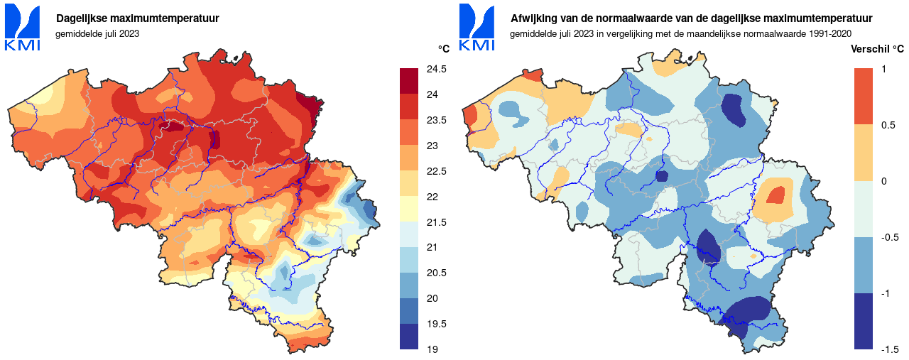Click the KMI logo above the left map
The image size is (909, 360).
coord(23,28)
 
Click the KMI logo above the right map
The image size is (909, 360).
coord(477,28)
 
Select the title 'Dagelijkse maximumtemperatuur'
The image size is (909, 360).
coord(137,18)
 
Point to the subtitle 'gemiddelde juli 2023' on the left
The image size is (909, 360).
coord(97,33)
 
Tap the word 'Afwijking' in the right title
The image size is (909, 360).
coord(533,18)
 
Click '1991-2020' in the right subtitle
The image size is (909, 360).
coord(827,33)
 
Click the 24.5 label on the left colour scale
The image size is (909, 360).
coord(435,69)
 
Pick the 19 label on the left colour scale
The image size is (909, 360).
coord(431,349)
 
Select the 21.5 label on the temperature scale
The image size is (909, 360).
coord(435,222)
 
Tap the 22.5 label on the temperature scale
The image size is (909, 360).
coord(435,170)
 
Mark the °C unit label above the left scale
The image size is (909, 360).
coord(443,49)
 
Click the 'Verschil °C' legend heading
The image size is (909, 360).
coord(878,49)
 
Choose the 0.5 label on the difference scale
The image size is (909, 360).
coord(888,125)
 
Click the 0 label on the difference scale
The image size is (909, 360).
coord(883,181)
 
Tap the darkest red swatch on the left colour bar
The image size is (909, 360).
coord(410,81)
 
